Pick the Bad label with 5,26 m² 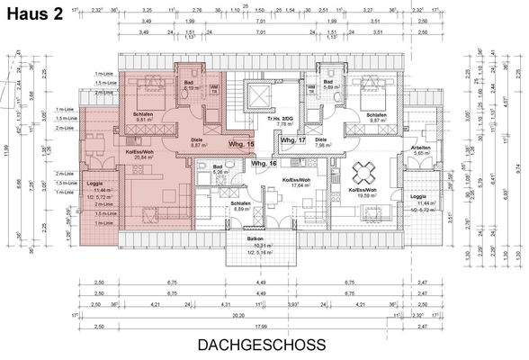coord(218,167)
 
